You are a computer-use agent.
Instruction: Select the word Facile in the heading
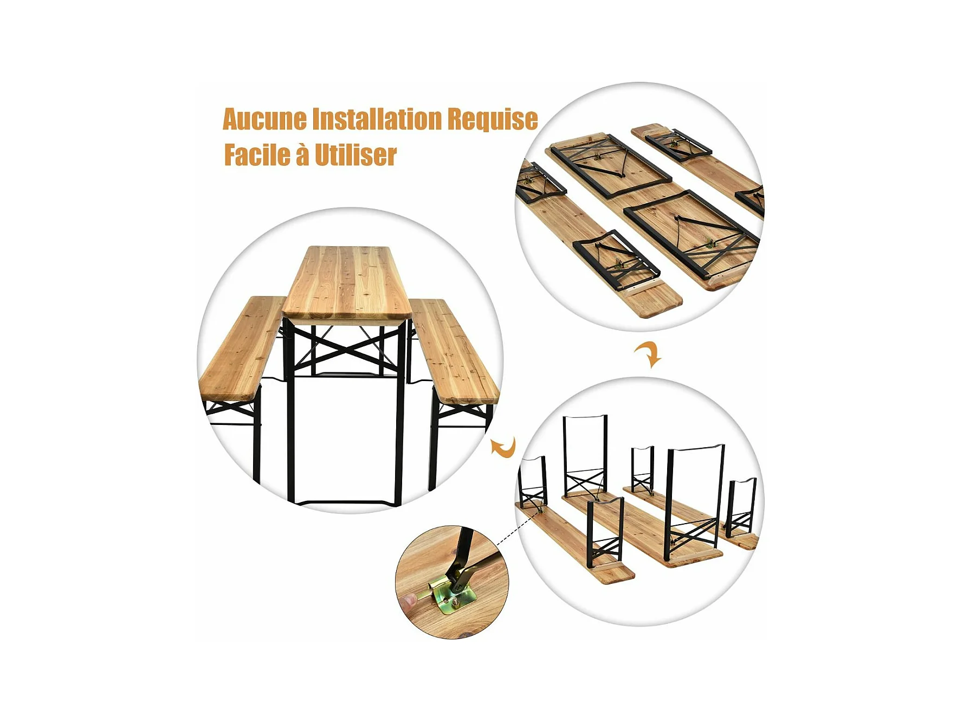coord(257,154)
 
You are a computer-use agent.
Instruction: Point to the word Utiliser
coord(356,156)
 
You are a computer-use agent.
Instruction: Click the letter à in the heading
coord(302,154)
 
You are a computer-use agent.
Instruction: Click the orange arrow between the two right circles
coord(648,354)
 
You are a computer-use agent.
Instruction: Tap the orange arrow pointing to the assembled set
coord(503,447)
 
